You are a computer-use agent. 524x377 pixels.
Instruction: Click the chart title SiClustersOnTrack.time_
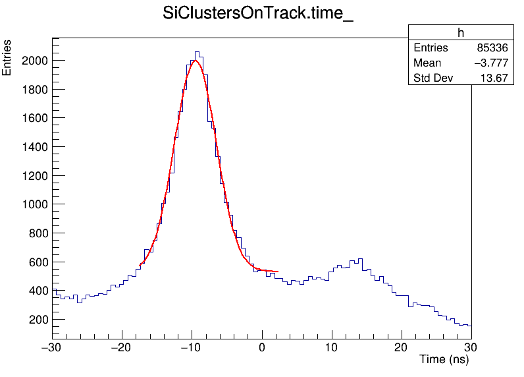258,14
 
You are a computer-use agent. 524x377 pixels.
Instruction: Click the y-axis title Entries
7,58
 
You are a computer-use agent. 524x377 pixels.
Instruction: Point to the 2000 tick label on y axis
34,61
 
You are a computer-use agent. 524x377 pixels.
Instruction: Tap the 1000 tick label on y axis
34,204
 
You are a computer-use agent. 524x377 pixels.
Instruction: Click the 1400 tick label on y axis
34,147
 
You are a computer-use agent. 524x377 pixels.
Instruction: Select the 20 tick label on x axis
402,347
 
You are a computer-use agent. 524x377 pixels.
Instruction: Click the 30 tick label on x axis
471,347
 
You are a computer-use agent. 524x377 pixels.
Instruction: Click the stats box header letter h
461,33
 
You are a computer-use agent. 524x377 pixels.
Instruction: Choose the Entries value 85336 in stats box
492,48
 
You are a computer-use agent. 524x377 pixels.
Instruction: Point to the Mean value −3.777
490,63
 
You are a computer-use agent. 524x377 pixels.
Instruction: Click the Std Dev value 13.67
494,78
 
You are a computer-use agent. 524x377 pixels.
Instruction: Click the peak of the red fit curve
195,61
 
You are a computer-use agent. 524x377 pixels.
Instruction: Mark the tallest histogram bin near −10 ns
196,52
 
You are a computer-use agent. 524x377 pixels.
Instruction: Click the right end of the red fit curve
278,272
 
